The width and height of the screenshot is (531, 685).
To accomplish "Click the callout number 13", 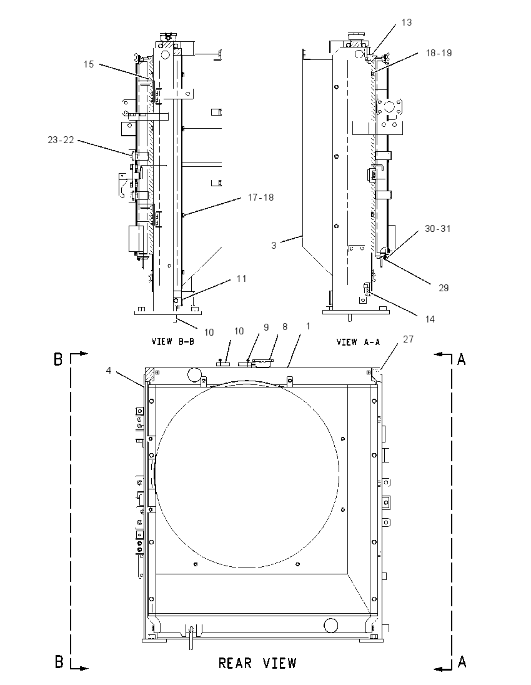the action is [x=407, y=22].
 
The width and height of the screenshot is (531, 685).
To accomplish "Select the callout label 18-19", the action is [x=439, y=53].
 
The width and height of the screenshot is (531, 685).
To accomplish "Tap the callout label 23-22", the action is [x=61, y=140].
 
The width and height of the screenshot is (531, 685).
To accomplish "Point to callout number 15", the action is [x=89, y=64].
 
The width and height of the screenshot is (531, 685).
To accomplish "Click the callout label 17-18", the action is [x=261, y=197].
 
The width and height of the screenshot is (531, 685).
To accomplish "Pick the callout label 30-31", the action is [x=437, y=229].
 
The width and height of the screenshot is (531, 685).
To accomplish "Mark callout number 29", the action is [x=444, y=288].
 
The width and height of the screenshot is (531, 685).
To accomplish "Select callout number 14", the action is [x=430, y=319].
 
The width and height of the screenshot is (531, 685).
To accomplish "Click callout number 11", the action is [x=242, y=279].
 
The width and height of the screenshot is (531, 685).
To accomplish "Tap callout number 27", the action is [x=409, y=339].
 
